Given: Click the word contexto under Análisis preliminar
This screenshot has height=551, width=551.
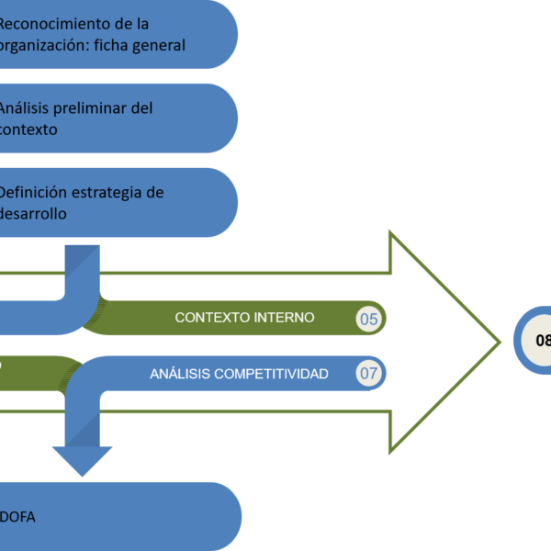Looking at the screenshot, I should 28,129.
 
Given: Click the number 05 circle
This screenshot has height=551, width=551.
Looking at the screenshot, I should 369,319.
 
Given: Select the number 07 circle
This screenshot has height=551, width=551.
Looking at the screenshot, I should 369,374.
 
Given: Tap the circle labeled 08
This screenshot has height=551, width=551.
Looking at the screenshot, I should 539,341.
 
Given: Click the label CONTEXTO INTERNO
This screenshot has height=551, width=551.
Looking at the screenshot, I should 244,318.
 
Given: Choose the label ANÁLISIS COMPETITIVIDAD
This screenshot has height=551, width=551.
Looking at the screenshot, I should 239,374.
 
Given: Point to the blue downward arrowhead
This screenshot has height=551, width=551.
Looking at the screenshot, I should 82,459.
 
